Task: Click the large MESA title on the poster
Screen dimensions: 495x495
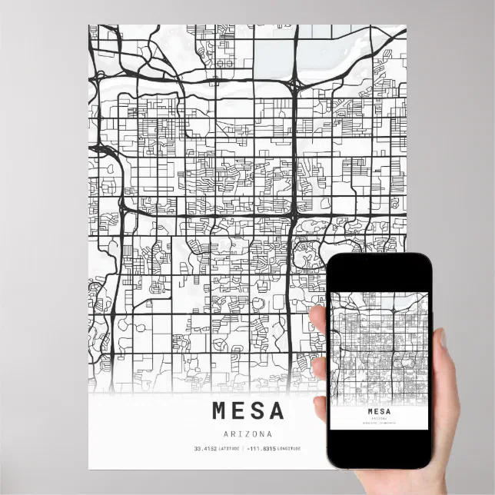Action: (247, 410)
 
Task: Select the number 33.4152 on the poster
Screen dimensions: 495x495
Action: (205, 449)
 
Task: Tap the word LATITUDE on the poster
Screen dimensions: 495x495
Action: (228, 449)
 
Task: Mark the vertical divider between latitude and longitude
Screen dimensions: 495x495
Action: (243, 449)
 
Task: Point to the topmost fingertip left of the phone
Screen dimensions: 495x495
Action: (317, 315)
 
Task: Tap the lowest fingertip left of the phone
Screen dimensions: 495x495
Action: (320, 408)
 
